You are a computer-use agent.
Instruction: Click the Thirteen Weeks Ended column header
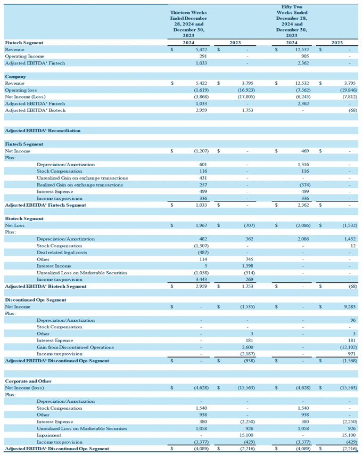pos(188,24)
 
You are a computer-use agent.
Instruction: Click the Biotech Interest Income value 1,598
pos(247,266)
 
